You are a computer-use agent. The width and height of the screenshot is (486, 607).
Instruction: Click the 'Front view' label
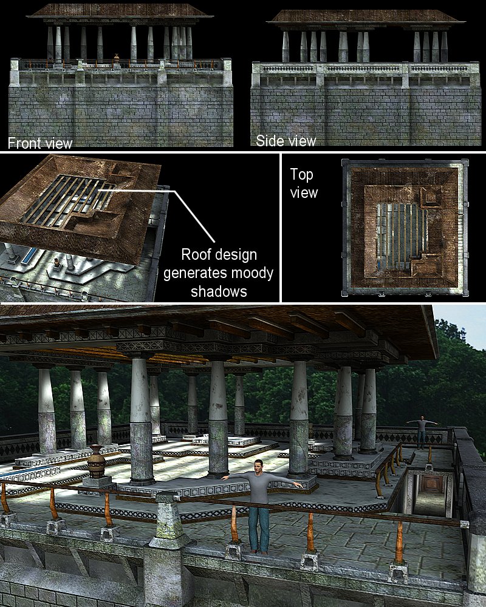40,143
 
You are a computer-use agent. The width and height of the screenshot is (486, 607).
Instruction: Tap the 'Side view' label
286,141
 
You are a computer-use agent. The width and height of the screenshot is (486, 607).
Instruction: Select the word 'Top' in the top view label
301,175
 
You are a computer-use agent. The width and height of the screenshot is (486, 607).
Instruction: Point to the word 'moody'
252,274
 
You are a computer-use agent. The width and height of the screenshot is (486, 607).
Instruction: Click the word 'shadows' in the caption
219,291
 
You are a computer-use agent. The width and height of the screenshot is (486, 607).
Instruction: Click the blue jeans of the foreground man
259,529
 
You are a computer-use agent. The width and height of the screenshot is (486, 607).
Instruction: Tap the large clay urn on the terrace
96,461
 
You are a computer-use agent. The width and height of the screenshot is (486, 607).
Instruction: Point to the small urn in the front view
116,58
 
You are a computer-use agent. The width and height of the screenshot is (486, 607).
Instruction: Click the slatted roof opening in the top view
400,234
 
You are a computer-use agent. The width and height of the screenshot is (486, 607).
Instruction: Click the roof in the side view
366,16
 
